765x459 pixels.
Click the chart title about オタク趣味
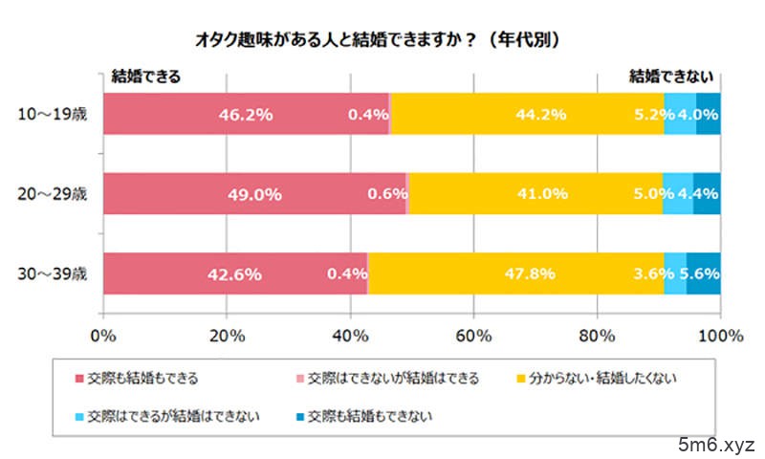382,40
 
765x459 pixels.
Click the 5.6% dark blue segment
704,274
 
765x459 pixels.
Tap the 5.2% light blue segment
679,114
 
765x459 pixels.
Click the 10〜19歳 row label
53,114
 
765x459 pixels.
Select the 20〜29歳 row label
53,194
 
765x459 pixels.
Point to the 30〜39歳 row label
53,274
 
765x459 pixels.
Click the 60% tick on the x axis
473,336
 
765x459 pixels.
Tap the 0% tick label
102,336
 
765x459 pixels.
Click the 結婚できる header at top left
146,74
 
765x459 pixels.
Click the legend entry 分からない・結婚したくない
612,378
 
